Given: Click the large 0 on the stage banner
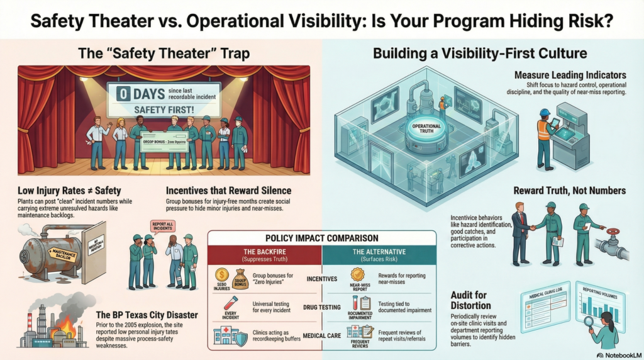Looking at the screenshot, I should coord(124,94).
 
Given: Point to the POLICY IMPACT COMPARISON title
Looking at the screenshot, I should coord(321,239).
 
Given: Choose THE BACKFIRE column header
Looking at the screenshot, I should coord(265,253).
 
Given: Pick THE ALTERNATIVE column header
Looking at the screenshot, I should coord(378,253).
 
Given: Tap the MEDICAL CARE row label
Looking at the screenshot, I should coord(321,335).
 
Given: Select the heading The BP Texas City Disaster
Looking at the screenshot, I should coord(144,314).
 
